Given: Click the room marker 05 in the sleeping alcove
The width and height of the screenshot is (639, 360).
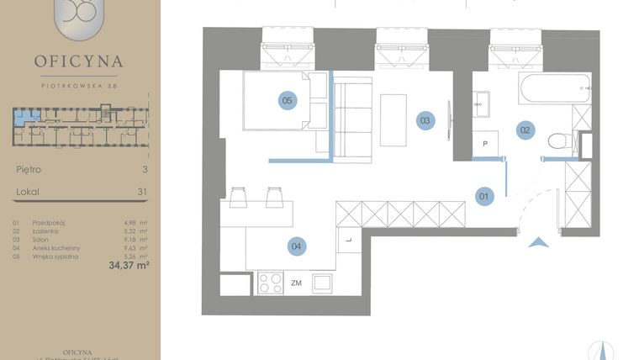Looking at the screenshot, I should (x=288, y=101).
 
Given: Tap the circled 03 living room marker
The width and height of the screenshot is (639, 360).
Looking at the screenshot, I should (x=426, y=120).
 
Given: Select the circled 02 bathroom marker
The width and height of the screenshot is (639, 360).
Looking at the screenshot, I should (x=525, y=130).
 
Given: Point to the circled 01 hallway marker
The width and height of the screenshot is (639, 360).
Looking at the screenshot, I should (x=483, y=197).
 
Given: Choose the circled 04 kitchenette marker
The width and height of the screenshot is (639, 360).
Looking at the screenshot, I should (x=296, y=246).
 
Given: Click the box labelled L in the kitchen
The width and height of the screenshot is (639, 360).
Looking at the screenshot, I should (x=348, y=241).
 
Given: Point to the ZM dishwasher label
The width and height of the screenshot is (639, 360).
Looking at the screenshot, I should (x=296, y=283).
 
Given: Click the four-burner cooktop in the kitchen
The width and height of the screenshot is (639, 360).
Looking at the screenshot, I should (x=270, y=283).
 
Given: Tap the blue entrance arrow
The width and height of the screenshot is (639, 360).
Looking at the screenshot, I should (x=539, y=242).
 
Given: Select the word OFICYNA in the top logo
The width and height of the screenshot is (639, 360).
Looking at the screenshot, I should (x=79, y=61).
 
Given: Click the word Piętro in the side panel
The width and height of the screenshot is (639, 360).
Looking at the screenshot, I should (x=29, y=169).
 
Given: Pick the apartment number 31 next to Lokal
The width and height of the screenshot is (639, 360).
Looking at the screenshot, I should (x=142, y=192).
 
